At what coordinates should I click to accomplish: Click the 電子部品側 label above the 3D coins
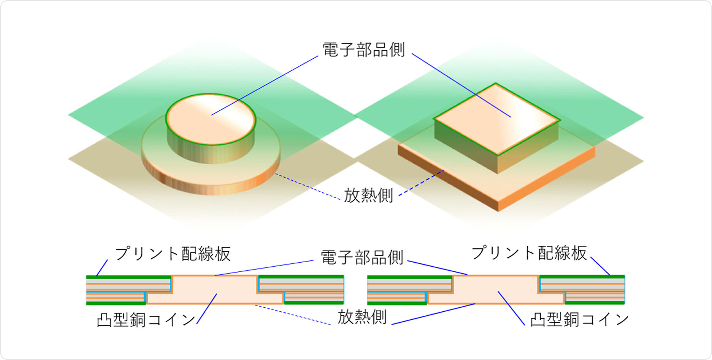(364, 50)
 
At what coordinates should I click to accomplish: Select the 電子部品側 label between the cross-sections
(362, 258)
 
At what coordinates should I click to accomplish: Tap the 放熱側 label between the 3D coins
(368, 195)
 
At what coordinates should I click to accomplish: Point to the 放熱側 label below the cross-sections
(362, 317)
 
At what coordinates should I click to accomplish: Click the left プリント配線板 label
(173, 254)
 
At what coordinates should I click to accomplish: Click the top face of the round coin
(211, 119)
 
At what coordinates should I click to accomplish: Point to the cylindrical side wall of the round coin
(210, 152)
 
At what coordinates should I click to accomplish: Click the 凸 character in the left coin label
(104, 320)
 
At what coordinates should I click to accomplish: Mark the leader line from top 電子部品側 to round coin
(265, 85)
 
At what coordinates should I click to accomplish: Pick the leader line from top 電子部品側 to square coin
(461, 85)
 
